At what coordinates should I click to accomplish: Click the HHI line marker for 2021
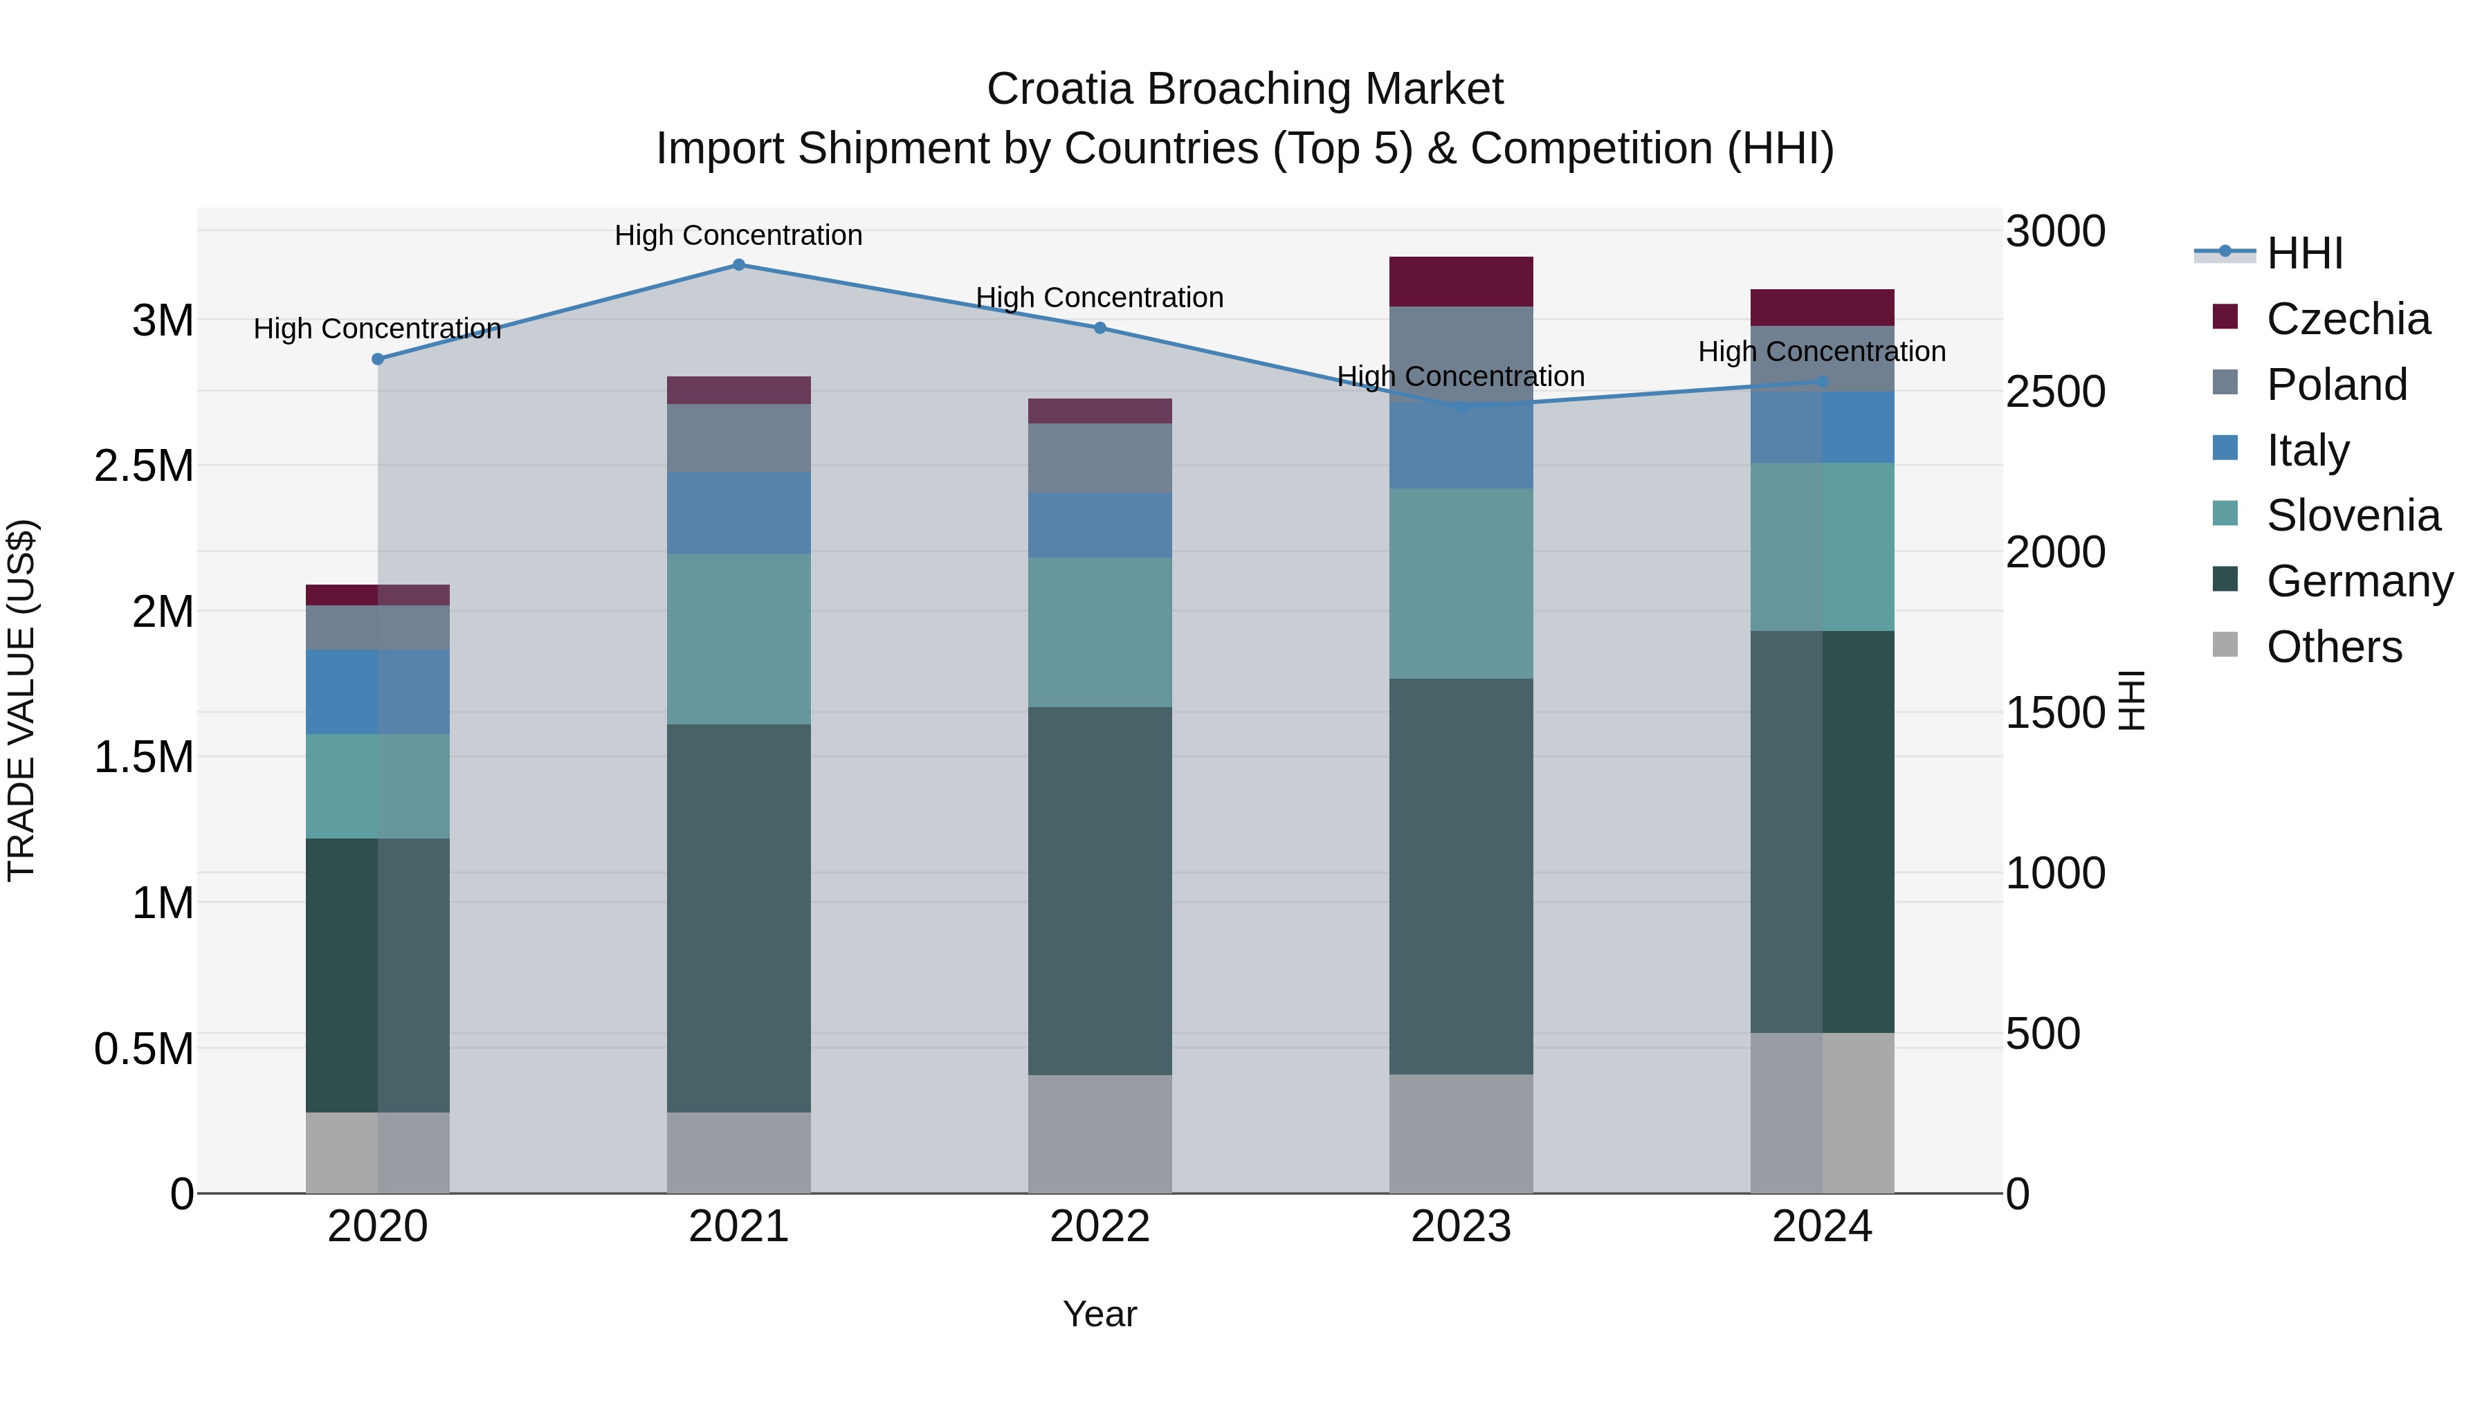tap(739, 265)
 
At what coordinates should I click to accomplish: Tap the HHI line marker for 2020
tap(378, 358)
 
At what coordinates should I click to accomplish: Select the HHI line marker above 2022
tap(1099, 328)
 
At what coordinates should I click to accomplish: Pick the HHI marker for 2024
tap(1822, 382)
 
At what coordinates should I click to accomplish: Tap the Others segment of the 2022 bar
tap(1099, 1133)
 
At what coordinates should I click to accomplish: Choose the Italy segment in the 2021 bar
tap(739, 513)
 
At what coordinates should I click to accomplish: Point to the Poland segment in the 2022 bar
tap(1099, 458)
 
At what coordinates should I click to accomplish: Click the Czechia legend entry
tap(2347, 319)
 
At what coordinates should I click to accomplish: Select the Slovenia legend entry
tap(2352, 515)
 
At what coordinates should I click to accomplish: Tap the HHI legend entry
tap(2303, 253)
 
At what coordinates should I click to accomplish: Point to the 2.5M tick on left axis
tap(143, 466)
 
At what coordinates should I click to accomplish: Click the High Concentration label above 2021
tap(739, 235)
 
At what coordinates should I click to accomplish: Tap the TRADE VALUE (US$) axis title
tap(21, 700)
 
